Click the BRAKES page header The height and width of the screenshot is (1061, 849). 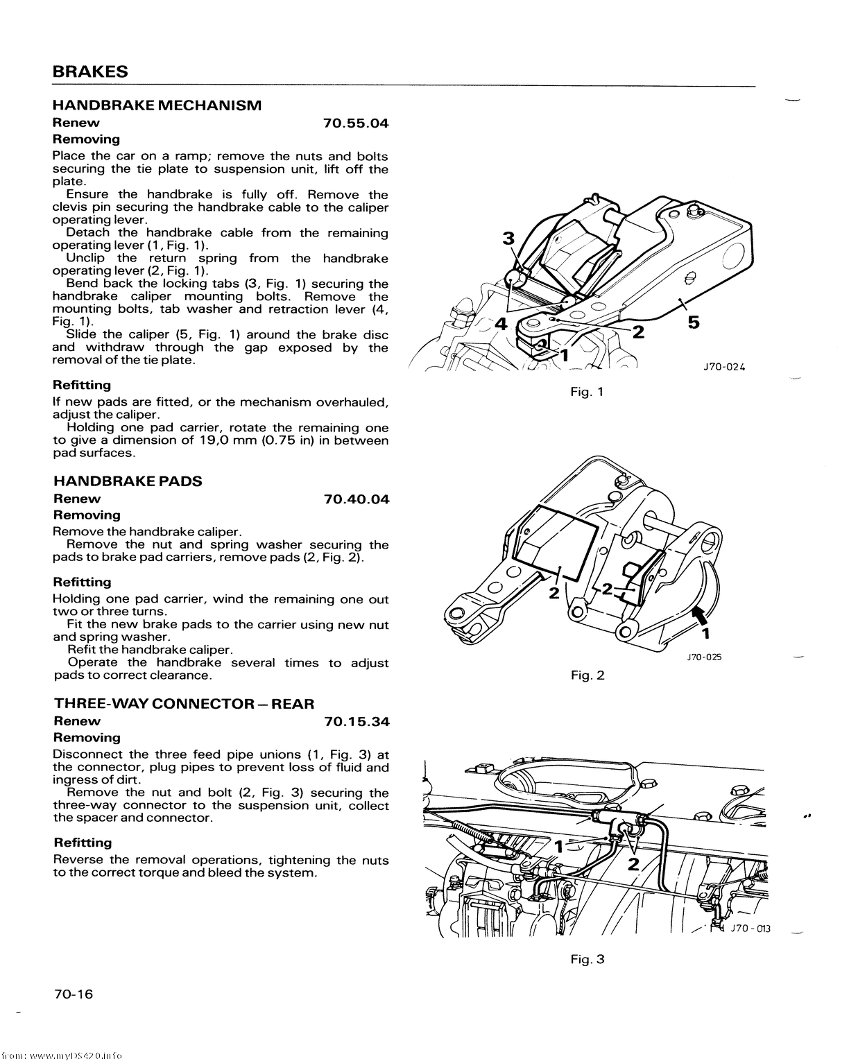pyautogui.click(x=90, y=72)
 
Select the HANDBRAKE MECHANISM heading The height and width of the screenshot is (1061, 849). pyautogui.click(x=157, y=105)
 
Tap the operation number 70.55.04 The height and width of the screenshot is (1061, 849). pyautogui.click(x=356, y=123)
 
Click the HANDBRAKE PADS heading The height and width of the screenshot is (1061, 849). pyautogui.click(x=128, y=481)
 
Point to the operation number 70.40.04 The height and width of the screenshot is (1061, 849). pyautogui.click(x=357, y=499)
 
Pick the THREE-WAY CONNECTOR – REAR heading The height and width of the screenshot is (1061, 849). pyautogui.click(x=184, y=704)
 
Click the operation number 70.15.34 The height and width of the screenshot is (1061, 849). pyautogui.click(x=357, y=722)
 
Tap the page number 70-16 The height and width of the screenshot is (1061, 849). pyautogui.click(x=73, y=994)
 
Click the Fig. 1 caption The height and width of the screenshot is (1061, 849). pyautogui.click(x=587, y=392)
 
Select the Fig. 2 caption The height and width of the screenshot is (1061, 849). pyautogui.click(x=588, y=675)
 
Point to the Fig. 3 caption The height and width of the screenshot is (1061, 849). pyautogui.click(x=588, y=959)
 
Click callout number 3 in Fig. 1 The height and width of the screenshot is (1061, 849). pyautogui.click(x=508, y=239)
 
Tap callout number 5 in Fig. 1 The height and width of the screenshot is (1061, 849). pyautogui.click(x=694, y=322)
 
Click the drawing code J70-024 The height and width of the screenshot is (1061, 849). pyautogui.click(x=723, y=368)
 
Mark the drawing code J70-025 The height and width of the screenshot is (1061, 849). pyautogui.click(x=704, y=657)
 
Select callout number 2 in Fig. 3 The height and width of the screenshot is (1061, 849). pyautogui.click(x=633, y=864)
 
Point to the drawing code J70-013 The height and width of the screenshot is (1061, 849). pyautogui.click(x=749, y=929)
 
